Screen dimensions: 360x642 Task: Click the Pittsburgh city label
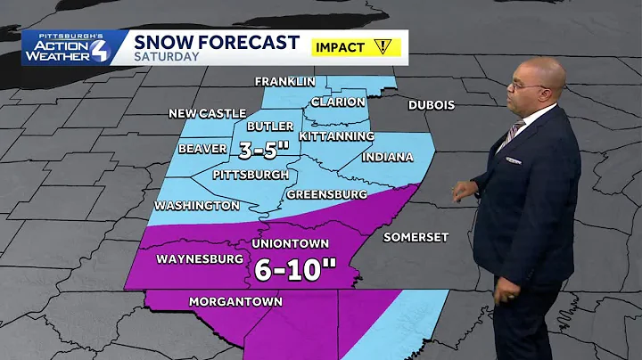click(x=250, y=175)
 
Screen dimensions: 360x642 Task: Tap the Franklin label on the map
click(x=284, y=81)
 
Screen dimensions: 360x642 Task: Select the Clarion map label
click(x=337, y=102)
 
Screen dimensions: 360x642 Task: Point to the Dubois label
click(x=432, y=105)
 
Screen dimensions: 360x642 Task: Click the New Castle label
click(x=206, y=114)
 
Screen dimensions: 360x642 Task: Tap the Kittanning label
click(x=337, y=135)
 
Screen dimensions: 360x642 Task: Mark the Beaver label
click(x=202, y=149)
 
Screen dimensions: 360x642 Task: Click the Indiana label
click(x=388, y=157)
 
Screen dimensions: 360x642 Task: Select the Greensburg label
click(x=327, y=193)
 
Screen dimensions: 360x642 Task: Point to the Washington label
click(x=196, y=205)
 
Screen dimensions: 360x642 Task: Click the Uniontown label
click(x=292, y=243)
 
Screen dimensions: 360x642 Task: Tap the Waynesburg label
click(x=201, y=259)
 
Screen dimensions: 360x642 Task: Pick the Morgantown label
click(x=235, y=302)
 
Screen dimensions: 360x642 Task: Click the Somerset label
click(x=416, y=237)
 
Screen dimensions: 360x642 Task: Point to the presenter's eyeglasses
click(x=524, y=86)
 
